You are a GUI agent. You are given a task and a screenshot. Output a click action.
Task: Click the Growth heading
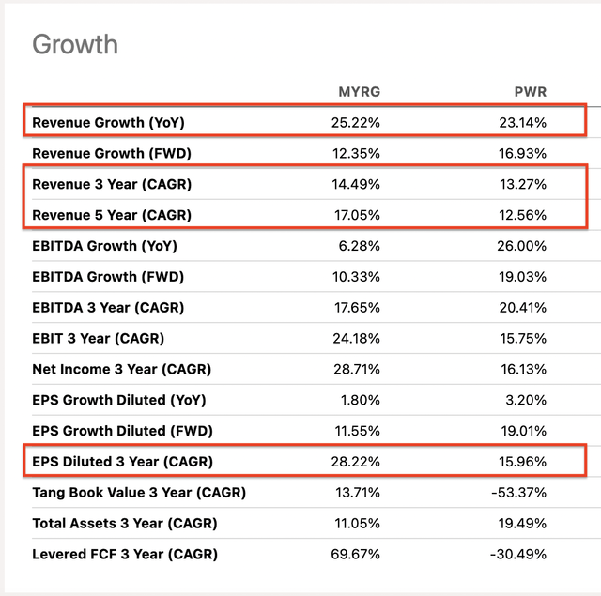pyautogui.click(x=75, y=44)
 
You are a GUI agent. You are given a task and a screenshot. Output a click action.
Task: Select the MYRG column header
pyautogui.click(x=359, y=92)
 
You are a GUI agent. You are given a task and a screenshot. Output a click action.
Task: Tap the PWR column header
pyautogui.click(x=531, y=92)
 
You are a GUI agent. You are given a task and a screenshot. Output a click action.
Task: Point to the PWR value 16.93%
pyautogui.click(x=523, y=153)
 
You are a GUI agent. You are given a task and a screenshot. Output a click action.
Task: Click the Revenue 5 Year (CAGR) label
pyautogui.click(x=112, y=215)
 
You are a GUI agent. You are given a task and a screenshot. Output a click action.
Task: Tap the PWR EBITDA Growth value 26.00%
pyautogui.click(x=523, y=246)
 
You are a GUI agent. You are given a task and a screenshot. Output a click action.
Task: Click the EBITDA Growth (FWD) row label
pyautogui.click(x=108, y=277)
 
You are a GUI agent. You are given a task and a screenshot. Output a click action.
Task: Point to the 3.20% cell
pyautogui.click(x=527, y=400)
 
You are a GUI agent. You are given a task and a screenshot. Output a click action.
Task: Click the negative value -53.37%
pyautogui.click(x=520, y=493)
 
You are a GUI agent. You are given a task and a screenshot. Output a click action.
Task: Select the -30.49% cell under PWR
pyautogui.click(x=520, y=555)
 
